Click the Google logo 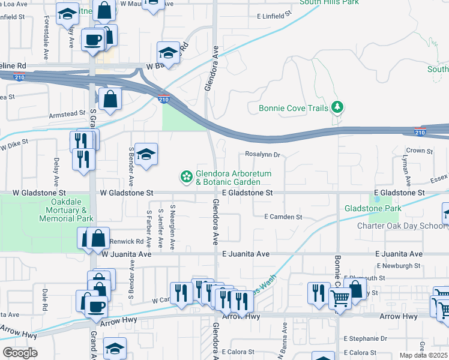(20, 352)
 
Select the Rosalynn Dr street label (262, 155)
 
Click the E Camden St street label (283, 217)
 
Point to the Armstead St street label (68, 113)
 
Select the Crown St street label (419, 151)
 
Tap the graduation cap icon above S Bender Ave (146, 155)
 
